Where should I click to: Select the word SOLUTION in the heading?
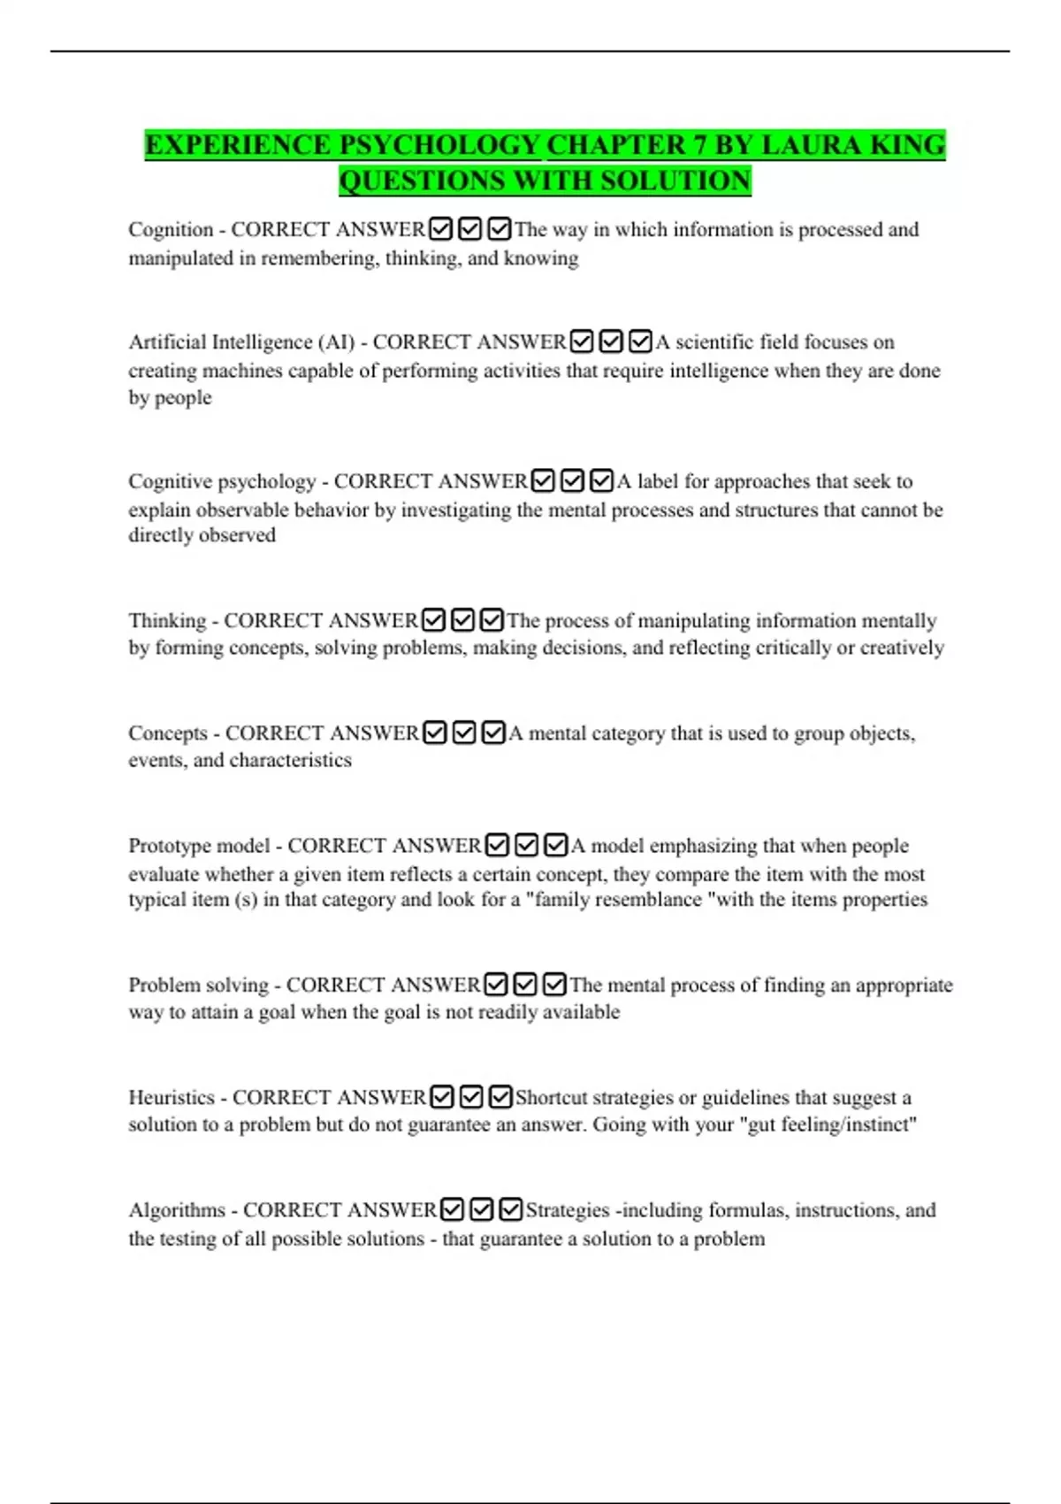click(675, 180)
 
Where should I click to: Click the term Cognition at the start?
click(171, 230)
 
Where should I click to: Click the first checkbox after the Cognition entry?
click(440, 229)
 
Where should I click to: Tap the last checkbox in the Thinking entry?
click(492, 620)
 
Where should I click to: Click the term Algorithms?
click(177, 1210)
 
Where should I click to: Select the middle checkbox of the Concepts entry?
click(464, 733)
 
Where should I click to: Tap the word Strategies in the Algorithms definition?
click(568, 1210)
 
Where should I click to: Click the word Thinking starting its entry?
click(167, 621)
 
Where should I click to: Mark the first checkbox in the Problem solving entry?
click(497, 985)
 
